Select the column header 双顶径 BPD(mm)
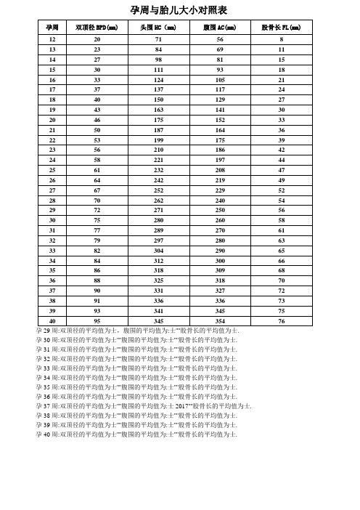(97, 27)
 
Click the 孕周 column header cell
(52, 27)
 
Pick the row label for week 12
(52, 38)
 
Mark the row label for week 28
(52, 199)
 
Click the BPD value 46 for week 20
(97, 118)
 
